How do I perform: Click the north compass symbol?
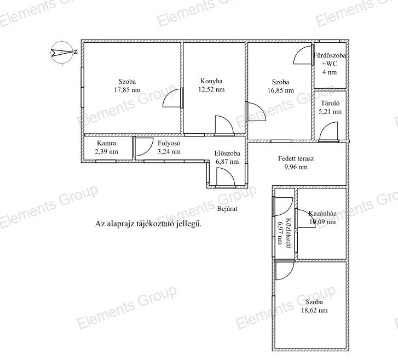pos(63,52)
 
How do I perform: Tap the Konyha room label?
pos(211,81)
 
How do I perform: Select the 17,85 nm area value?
pos(127,90)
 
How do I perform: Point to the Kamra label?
pos(106,143)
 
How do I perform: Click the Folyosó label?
pos(169,143)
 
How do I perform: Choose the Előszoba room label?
pos(227,153)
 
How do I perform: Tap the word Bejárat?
pos(227,209)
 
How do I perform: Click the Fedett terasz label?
pos(296,159)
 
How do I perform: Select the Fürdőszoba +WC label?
pos(330,59)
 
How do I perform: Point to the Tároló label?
pos(330,104)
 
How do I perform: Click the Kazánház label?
pos(322,213)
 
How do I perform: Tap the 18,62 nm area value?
pos(314,310)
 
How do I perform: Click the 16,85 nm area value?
pos(281,90)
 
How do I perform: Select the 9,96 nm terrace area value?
pos(296,167)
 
